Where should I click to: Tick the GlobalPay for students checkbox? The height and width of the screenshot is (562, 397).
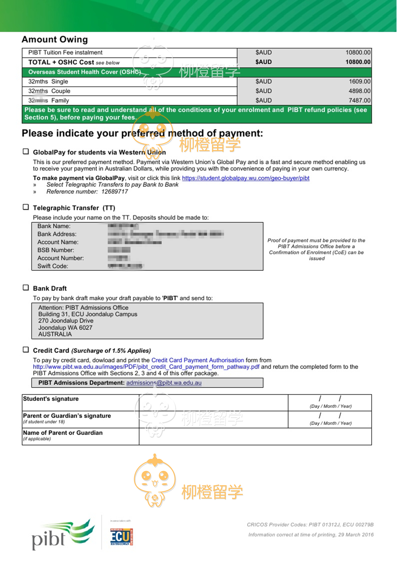pyautogui.click(x=26, y=152)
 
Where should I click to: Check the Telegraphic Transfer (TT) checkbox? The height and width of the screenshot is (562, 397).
pyautogui.click(x=26, y=207)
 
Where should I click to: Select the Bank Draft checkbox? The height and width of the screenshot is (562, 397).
pyautogui.click(x=26, y=288)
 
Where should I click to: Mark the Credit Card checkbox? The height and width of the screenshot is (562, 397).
pyautogui.click(x=26, y=350)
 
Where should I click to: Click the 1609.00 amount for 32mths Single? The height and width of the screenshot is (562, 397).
pyautogui.click(x=359, y=81)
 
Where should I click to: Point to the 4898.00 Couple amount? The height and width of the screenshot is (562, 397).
pyautogui.click(x=359, y=91)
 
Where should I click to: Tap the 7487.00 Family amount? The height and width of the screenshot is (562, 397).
pyautogui.click(x=359, y=100)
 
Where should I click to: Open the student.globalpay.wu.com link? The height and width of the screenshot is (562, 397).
pyautogui.click(x=246, y=178)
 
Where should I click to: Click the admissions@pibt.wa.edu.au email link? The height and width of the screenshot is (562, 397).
pyautogui.click(x=164, y=383)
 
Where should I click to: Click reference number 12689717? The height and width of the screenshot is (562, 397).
pyautogui.click(x=115, y=192)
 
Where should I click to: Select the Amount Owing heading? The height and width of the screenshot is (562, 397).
pyautogui.click(x=55, y=39)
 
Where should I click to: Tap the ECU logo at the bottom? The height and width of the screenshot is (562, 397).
pyautogui.click(x=122, y=537)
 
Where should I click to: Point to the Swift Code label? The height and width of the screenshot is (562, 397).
pyautogui.click(x=53, y=266)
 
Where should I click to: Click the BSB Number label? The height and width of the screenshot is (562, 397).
pyautogui.click(x=56, y=250)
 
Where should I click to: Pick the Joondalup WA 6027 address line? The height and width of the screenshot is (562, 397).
pyautogui.click(x=65, y=328)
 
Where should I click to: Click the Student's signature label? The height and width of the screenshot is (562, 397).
pyautogui.click(x=51, y=399)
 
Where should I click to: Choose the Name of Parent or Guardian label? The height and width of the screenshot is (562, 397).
pyautogui.click(x=63, y=433)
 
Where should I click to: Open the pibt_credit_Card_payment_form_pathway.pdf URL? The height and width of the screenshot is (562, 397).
pyautogui.click(x=146, y=367)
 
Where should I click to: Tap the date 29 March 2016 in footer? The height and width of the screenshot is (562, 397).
pyautogui.click(x=356, y=535)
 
